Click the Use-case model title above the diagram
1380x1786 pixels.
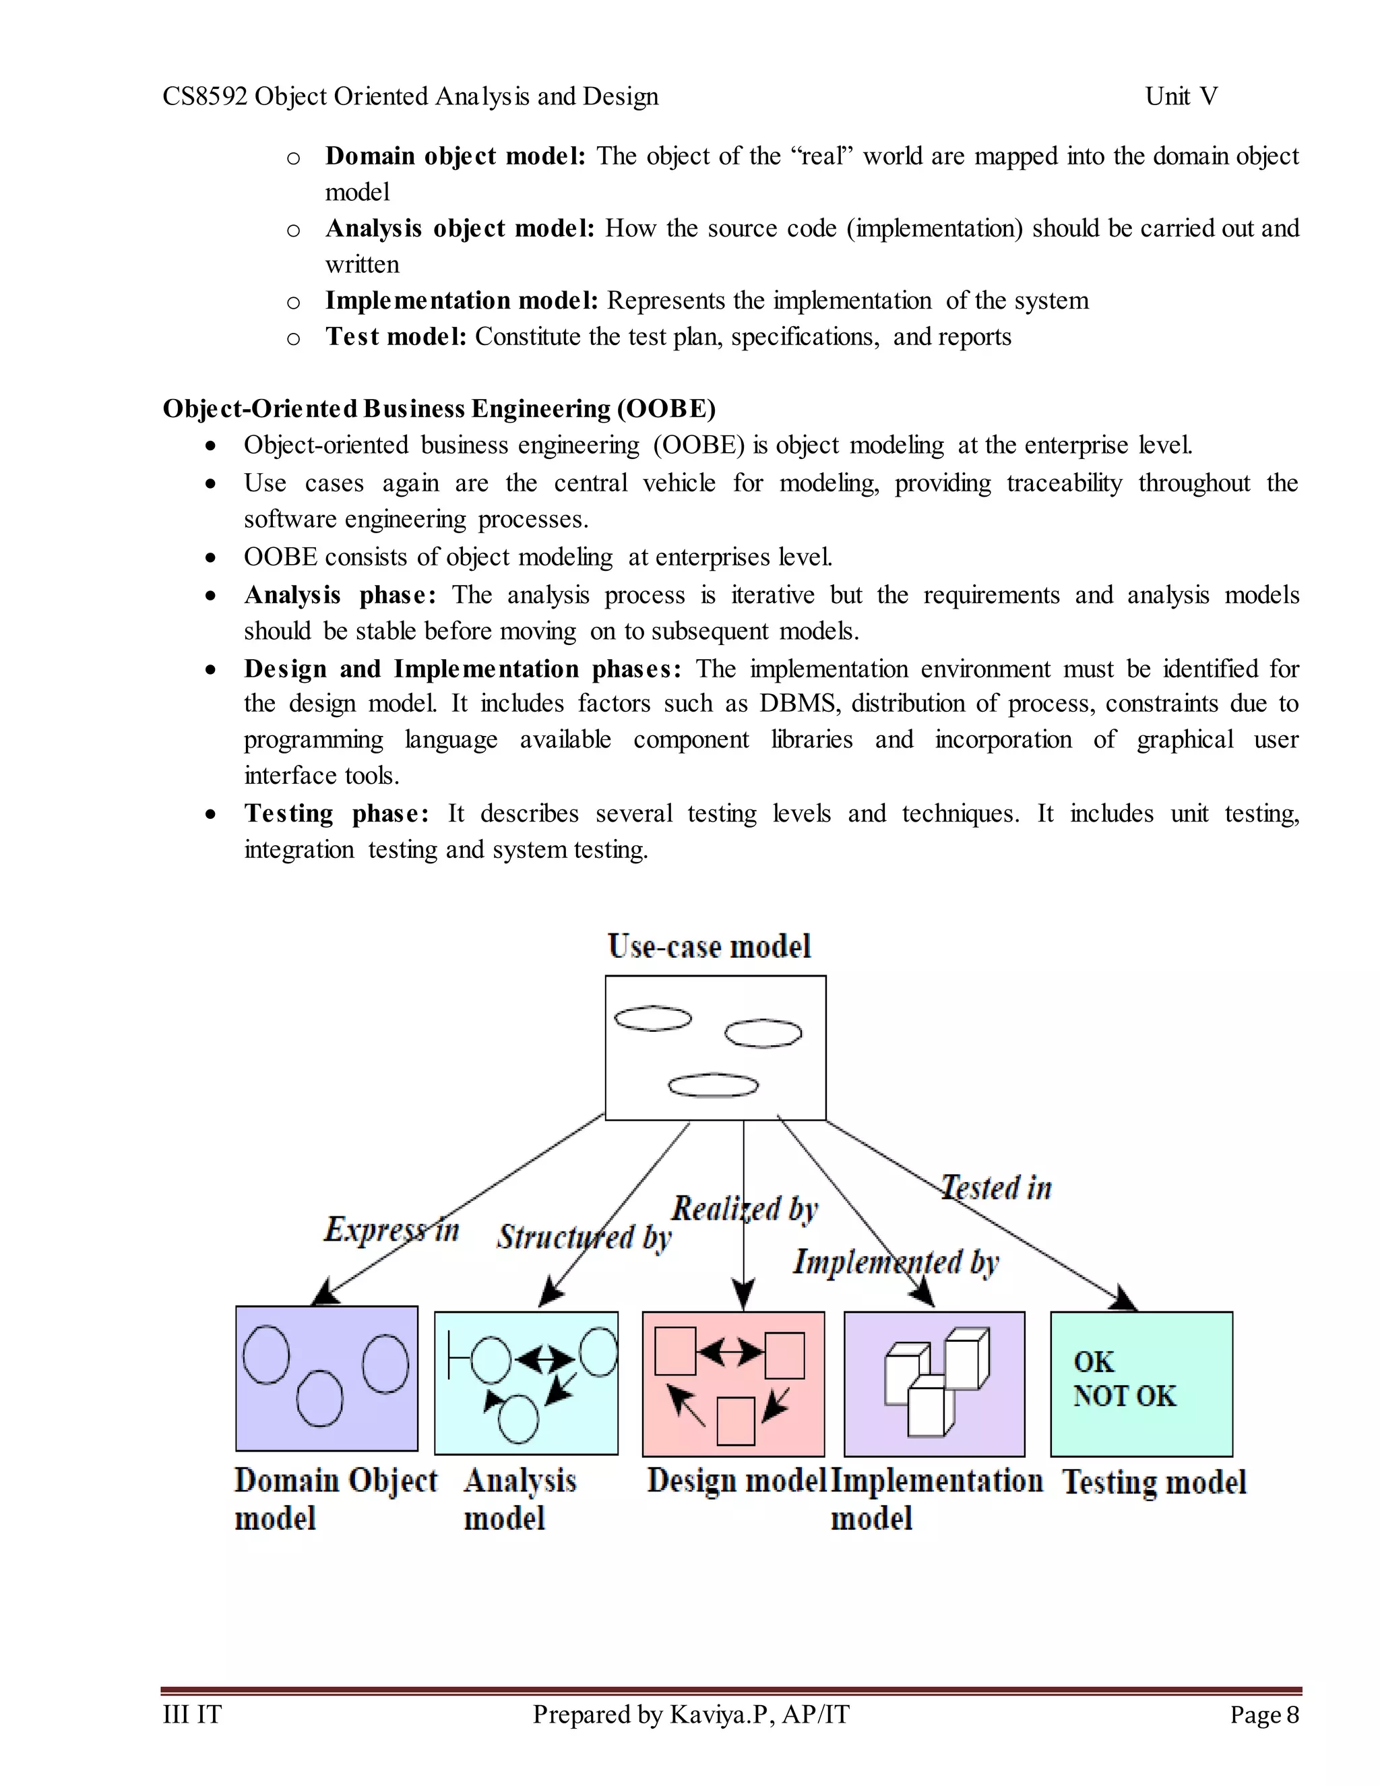coord(709,946)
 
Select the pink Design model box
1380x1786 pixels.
coord(733,1384)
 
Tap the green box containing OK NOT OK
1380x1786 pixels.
coord(1141,1384)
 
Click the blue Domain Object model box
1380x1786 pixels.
coord(326,1378)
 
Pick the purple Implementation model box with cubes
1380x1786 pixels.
coord(935,1384)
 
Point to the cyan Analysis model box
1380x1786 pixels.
coord(526,1383)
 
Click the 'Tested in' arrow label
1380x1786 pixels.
coord(996,1188)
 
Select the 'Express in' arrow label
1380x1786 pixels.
coord(391,1230)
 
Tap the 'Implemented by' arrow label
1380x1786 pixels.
coord(896,1261)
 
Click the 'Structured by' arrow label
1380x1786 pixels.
coord(584,1237)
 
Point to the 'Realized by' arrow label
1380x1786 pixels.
coord(745,1208)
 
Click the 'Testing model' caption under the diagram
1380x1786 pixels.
coord(1154,1482)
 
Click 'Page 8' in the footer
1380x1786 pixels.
coord(1264,1714)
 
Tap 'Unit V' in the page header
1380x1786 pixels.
coord(1181,96)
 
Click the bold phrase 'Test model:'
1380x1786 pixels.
coord(396,336)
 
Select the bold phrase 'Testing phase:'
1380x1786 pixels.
coord(336,813)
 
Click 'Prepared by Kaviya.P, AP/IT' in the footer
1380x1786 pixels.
coord(691,1714)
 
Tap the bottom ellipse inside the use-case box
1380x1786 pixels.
coord(713,1084)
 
